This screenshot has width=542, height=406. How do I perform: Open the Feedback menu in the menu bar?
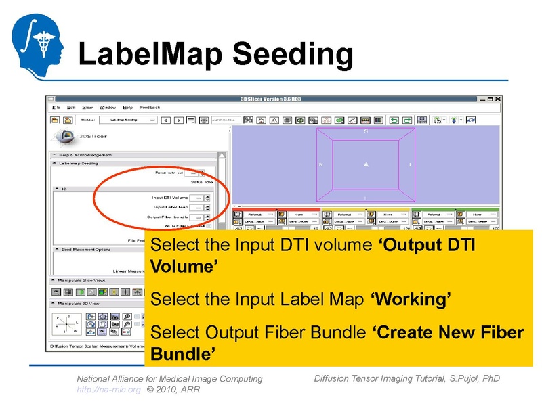(x=150, y=108)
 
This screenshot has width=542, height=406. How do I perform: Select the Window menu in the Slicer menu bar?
(x=108, y=108)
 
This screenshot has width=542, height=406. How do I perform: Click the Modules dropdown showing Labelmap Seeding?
(x=128, y=120)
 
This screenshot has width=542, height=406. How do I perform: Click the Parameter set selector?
(x=194, y=173)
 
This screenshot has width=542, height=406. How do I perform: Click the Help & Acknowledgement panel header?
(x=85, y=154)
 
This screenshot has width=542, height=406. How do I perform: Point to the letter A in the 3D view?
(x=365, y=164)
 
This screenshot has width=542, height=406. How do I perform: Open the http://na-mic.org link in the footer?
(x=108, y=390)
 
